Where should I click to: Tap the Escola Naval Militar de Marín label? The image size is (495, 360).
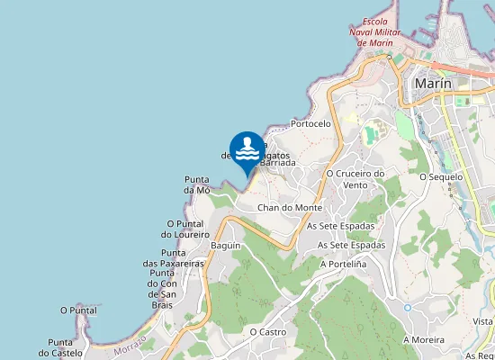point(372,31)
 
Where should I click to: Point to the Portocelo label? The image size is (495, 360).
point(311,123)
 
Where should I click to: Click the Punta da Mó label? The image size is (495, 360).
point(197,184)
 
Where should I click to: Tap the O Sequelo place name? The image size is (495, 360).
point(441,177)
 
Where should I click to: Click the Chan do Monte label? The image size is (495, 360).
point(290,208)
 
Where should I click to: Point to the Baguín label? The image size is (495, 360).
point(225,246)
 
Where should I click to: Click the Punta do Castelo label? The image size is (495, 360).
point(67,347)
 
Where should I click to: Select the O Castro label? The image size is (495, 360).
point(267,332)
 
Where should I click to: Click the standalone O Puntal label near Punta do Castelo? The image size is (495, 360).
point(78,310)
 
